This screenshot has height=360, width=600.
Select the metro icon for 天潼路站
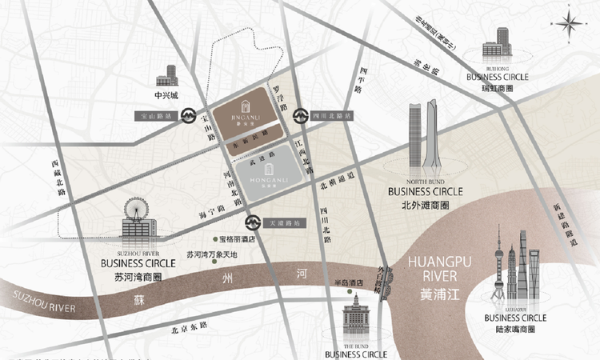coord(251,221)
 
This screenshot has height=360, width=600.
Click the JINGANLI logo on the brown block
coord(245,116)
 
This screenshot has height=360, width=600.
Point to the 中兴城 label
coord(166,95)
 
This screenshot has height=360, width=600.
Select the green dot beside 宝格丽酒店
coord(214,239)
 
